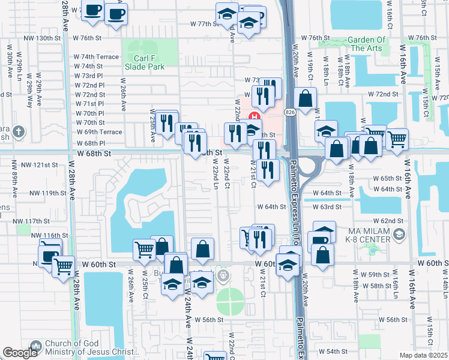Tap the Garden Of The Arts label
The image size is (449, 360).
click(366, 44)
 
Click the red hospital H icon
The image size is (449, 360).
click(255, 116)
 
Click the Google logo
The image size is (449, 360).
click(20, 353)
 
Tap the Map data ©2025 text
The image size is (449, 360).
click(422, 355)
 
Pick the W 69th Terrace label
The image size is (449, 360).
click(98, 132)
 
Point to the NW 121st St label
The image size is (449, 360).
click(39, 164)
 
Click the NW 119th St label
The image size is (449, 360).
click(44, 193)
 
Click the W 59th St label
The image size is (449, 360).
click(379, 274)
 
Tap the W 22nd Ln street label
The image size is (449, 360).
click(215, 180)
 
